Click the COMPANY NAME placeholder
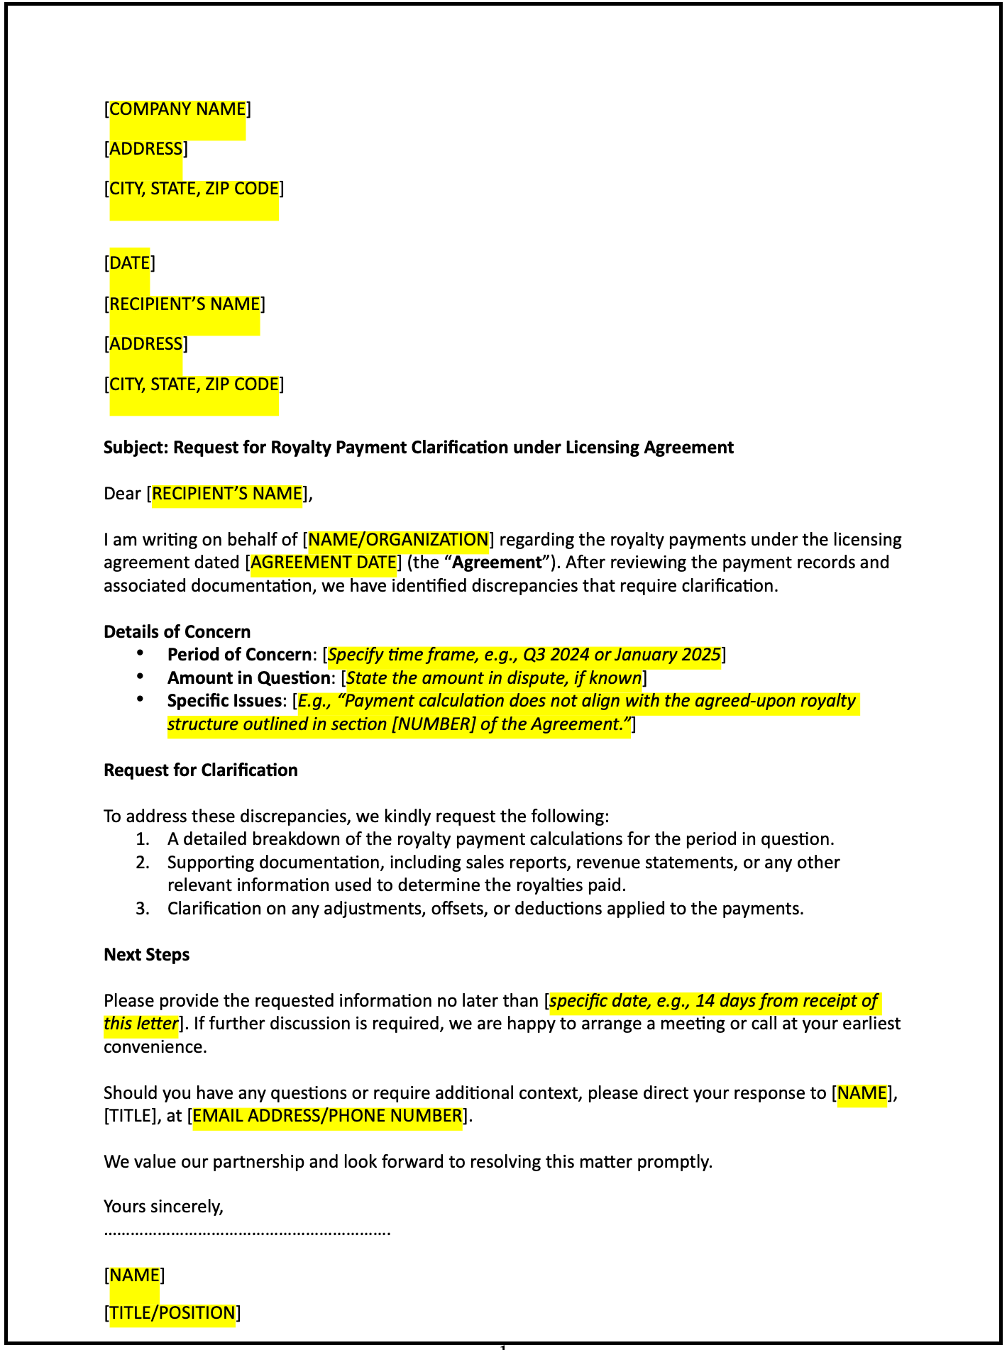177,109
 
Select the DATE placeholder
130,263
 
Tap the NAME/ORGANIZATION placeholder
398,540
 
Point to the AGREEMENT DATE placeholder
323,563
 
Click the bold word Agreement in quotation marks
497,563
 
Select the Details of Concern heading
177,632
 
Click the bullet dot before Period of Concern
141,653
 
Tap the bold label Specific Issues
224,702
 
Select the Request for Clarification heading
200,770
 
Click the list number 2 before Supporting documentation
143,863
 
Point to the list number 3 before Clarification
143,909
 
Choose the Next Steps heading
146,955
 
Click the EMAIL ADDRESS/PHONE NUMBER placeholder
327,1116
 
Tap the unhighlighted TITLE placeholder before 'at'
129,1116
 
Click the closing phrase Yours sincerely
163,1207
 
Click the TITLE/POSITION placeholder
172,1313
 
